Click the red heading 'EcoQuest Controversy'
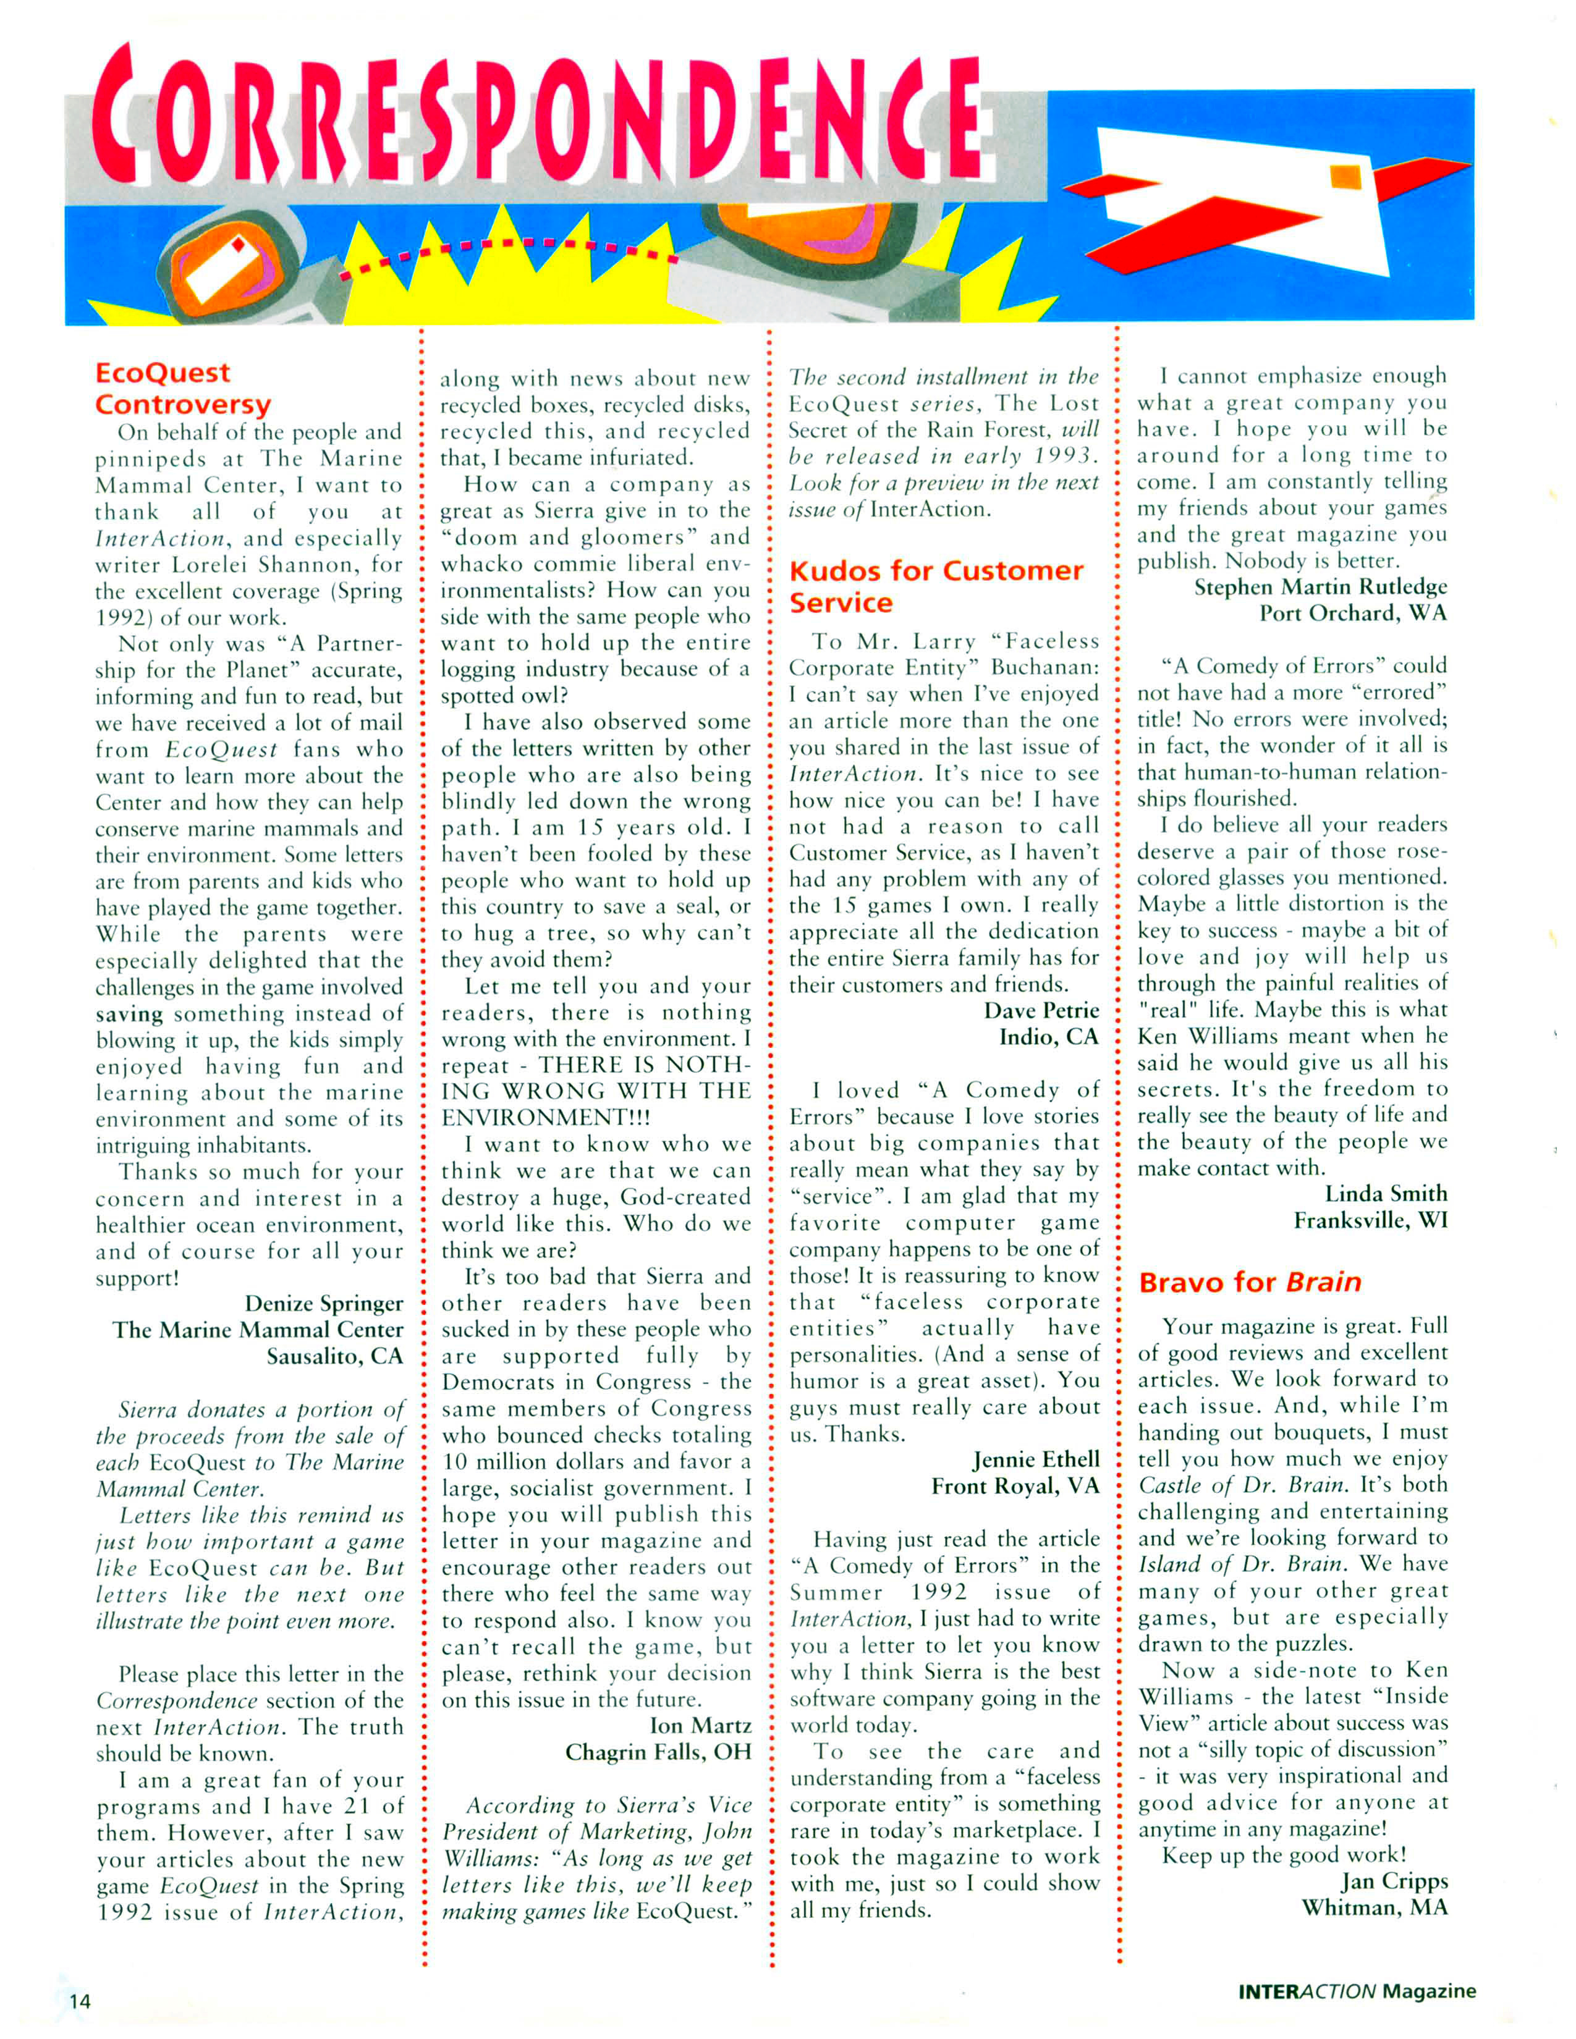pos(182,389)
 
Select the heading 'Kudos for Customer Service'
pos(936,586)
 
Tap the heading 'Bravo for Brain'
pos(1249,1282)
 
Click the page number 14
pos(80,2001)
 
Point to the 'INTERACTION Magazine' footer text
pos(1357,1990)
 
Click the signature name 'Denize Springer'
pos(323,1303)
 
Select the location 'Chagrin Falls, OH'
pos(658,1752)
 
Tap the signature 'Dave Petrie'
pos(1041,1010)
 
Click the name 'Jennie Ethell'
pos(1035,1460)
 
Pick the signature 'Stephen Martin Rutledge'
pos(1320,586)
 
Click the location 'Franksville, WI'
pos(1370,1220)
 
